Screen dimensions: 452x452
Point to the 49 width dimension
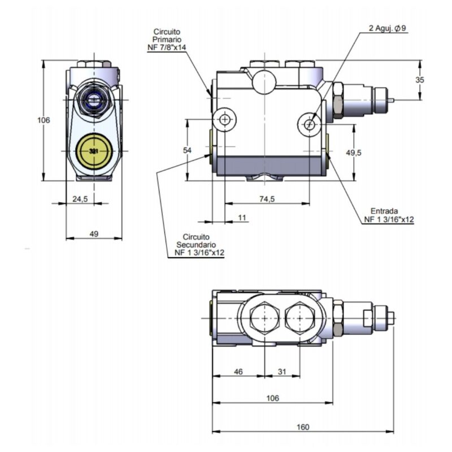94,233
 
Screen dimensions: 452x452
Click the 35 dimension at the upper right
419,80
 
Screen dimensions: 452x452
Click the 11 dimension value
242,217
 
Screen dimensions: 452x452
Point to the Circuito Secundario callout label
196,245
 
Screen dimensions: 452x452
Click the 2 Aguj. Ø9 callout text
388,29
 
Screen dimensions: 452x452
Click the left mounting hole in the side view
225,119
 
